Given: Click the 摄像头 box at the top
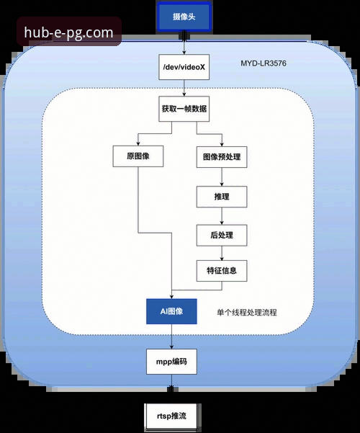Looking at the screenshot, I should coord(184,16).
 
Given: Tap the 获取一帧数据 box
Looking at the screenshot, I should coord(185,110).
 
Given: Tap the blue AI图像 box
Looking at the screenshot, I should coord(171,311).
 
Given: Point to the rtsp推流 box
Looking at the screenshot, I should coord(171,416).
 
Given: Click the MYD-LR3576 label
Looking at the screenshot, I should coord(264,64).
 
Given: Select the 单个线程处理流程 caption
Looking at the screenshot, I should coord(247,313).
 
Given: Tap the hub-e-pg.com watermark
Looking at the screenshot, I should coord(68,32).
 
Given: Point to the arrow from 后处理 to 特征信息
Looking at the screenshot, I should coord(222,254).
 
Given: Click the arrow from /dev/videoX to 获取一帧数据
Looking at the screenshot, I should coord(184,89).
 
